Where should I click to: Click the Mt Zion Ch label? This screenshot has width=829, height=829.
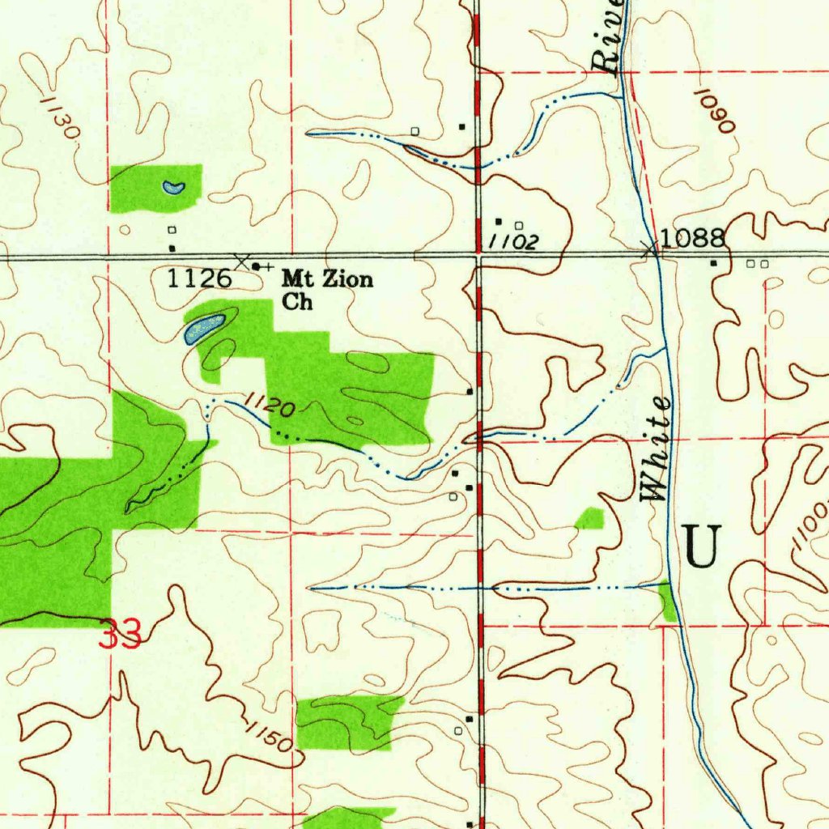(x=327, y=290)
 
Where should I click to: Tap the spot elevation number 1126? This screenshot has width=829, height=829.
(x=199, y=279)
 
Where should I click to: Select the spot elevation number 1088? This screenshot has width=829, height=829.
(x=691, y=238)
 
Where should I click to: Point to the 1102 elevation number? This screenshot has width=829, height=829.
(x=512, y=241)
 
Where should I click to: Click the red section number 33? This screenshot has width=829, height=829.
(x=120, y=634)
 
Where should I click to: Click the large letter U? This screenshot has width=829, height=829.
(x=701, y=546)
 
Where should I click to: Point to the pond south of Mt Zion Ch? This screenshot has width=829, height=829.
(x=203, y=328)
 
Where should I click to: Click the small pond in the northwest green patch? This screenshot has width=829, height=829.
(x=173, y=188)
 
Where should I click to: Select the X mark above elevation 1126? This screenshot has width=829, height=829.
(x=241, y=260)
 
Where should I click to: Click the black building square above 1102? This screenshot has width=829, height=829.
(x=498, y=221)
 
